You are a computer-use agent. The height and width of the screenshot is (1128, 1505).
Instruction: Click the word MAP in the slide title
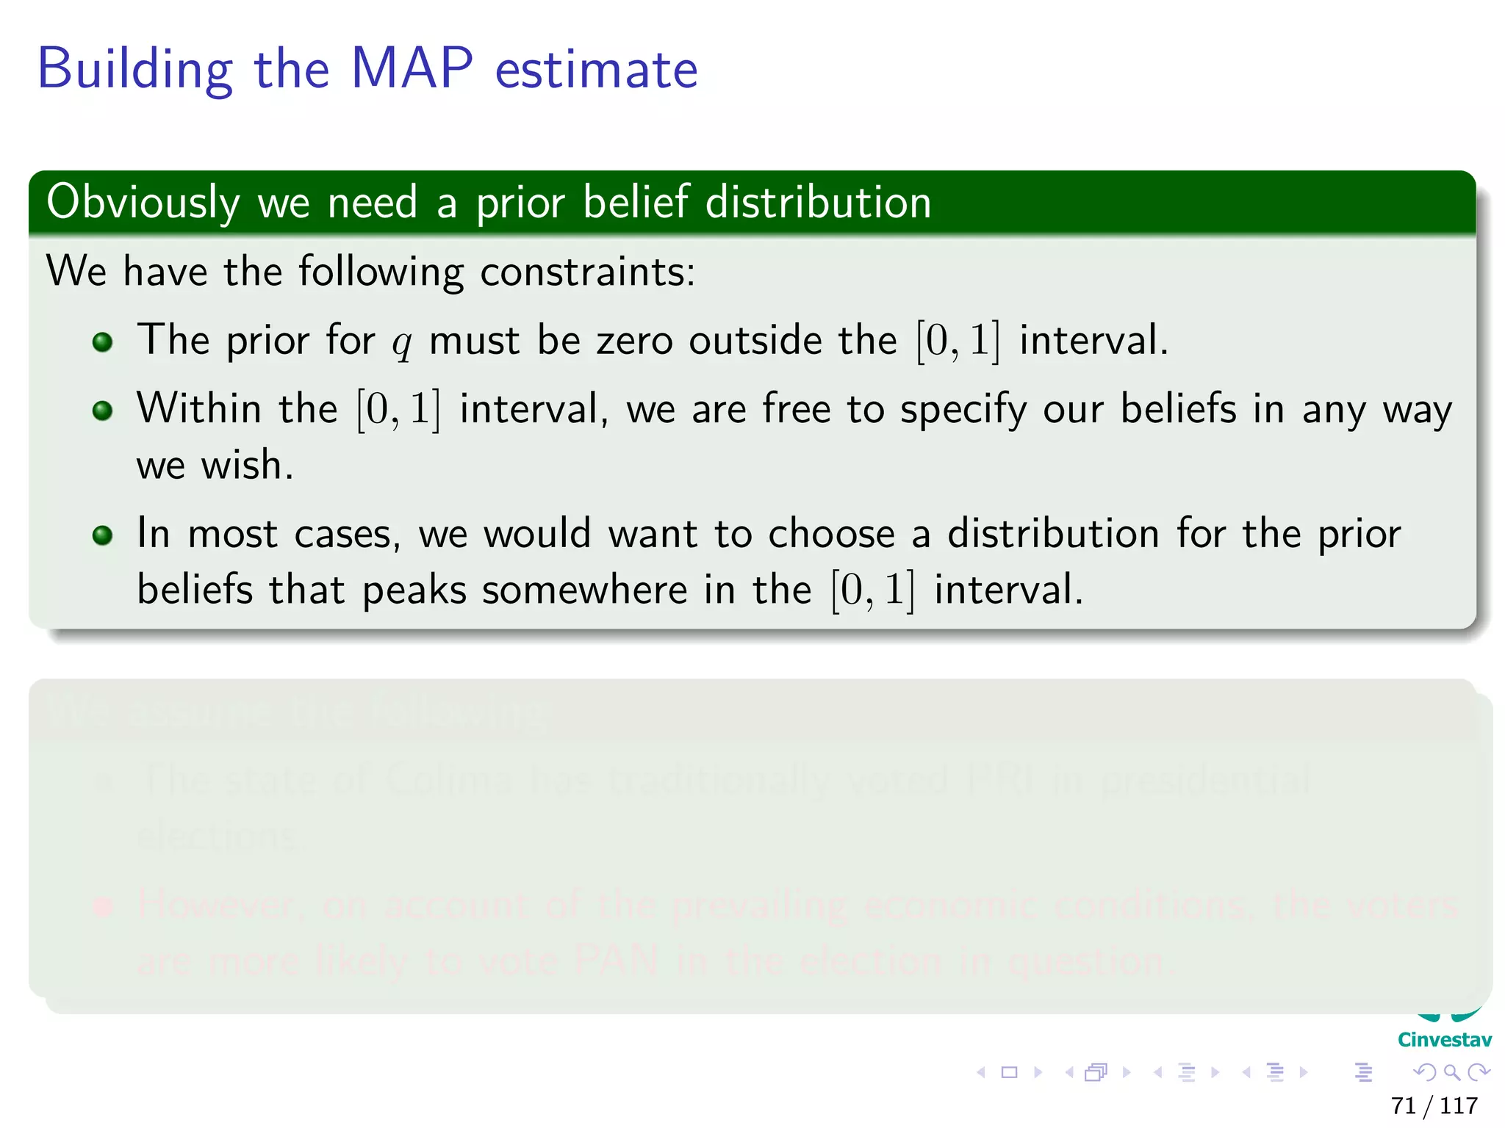[412, 69]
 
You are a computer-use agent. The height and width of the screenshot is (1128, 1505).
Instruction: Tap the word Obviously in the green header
[143, 203]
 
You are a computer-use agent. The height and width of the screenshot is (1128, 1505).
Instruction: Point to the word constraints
[587, 272]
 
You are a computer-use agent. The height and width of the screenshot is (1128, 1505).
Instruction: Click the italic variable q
[401, 342]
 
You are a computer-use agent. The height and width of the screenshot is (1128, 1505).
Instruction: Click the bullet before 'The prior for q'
[103, 342]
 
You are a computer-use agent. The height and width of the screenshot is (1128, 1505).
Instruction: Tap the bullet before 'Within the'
[103, 411]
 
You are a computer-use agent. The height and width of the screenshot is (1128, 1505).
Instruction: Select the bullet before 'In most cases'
[103, 535]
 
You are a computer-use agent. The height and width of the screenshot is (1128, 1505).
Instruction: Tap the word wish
[247, 466]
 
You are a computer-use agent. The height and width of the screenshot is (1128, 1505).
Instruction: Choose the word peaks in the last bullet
[414, 590]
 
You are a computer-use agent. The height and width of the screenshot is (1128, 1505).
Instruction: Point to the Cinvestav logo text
[1444, 1040]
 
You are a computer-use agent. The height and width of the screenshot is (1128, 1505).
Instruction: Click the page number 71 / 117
[1434, 1105]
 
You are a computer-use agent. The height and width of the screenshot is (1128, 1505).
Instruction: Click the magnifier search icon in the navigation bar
[1451, 1072]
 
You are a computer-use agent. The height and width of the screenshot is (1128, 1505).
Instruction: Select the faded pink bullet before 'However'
[103, 906]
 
